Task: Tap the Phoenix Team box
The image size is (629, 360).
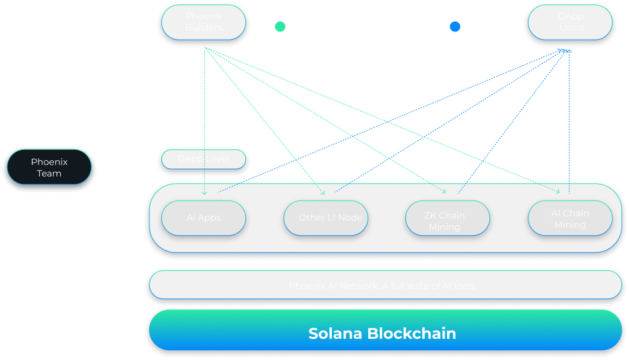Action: point(49,167)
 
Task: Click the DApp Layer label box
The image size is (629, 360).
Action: point(203,159)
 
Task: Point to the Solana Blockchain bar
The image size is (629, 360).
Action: point(385,333)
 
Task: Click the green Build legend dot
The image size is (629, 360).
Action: point(280,28)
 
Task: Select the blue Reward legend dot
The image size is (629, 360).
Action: point(455,28)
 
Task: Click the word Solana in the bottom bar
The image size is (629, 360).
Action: point(336,334)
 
